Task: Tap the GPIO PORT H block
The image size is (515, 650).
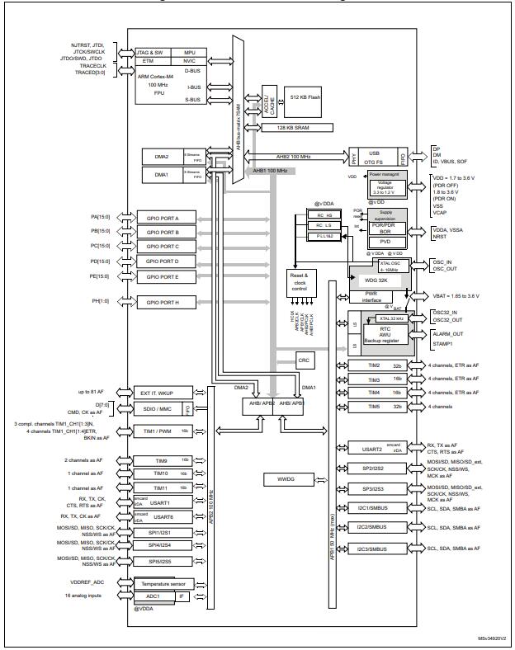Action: (x=168, y=303)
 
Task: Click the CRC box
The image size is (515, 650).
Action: (x=304, y=360)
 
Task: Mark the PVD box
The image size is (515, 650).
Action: (x=385, y=242)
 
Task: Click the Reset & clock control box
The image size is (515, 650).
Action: (x=298, y=281)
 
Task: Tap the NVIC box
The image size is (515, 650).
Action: (x=190, y=61)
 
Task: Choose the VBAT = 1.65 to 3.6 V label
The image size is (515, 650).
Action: (x=465, y=295)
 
